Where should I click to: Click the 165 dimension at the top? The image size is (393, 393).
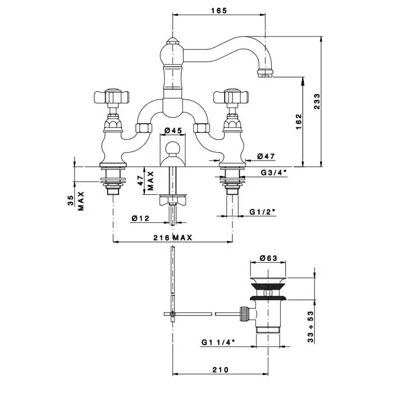(x=218, y=10)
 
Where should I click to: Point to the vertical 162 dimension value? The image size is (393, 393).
(x=299, y=120)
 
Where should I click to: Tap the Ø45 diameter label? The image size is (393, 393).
(x=173, y=131)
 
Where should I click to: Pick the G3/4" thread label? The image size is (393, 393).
(x=273, y=172)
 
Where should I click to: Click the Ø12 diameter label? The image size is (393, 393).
(x=140, y=218)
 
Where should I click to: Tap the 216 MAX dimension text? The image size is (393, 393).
(x=173, y=238)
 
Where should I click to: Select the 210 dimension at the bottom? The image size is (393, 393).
(x=221, y=369)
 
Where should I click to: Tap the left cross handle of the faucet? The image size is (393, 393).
(x=112, y=98)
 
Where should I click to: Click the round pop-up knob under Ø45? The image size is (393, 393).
(x=174, y=150)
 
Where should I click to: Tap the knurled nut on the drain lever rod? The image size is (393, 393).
(x=244, y=313)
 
